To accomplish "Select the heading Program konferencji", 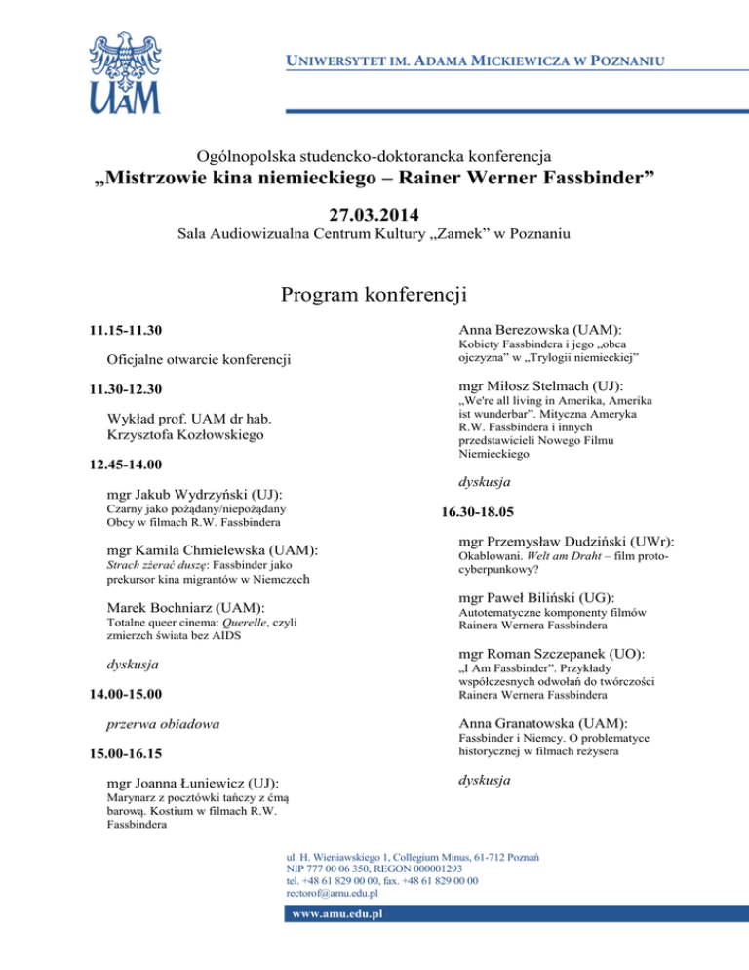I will tap(374, 294).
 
